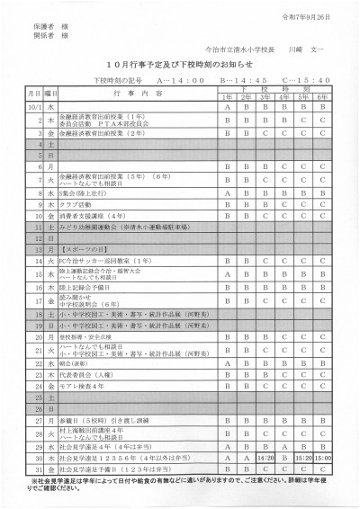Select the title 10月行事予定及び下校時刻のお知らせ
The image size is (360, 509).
180,67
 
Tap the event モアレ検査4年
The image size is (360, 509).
83,383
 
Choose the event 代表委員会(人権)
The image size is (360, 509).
87,371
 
